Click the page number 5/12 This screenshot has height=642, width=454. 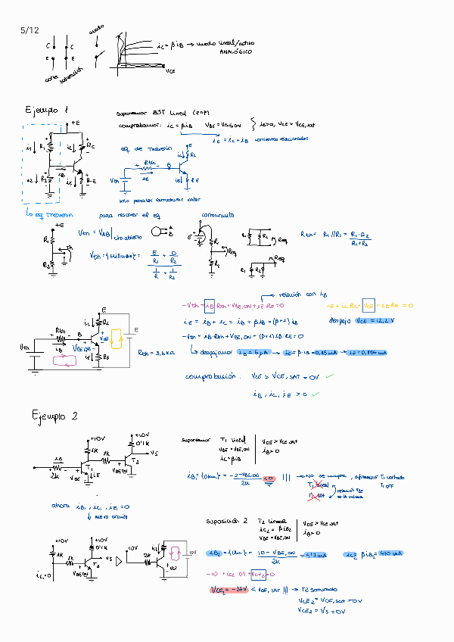click(x=30, y=30)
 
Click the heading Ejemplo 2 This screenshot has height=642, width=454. click(x=54, y=416)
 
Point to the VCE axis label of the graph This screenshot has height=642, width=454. click(x=170, y=70)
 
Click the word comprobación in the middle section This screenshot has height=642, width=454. click(x=209, y=376)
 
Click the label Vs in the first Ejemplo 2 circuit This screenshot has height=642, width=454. click(x=154, y=453)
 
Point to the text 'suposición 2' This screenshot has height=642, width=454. click(x=227, y=522)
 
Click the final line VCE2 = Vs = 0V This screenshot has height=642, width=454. click(x=321, y=609)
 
